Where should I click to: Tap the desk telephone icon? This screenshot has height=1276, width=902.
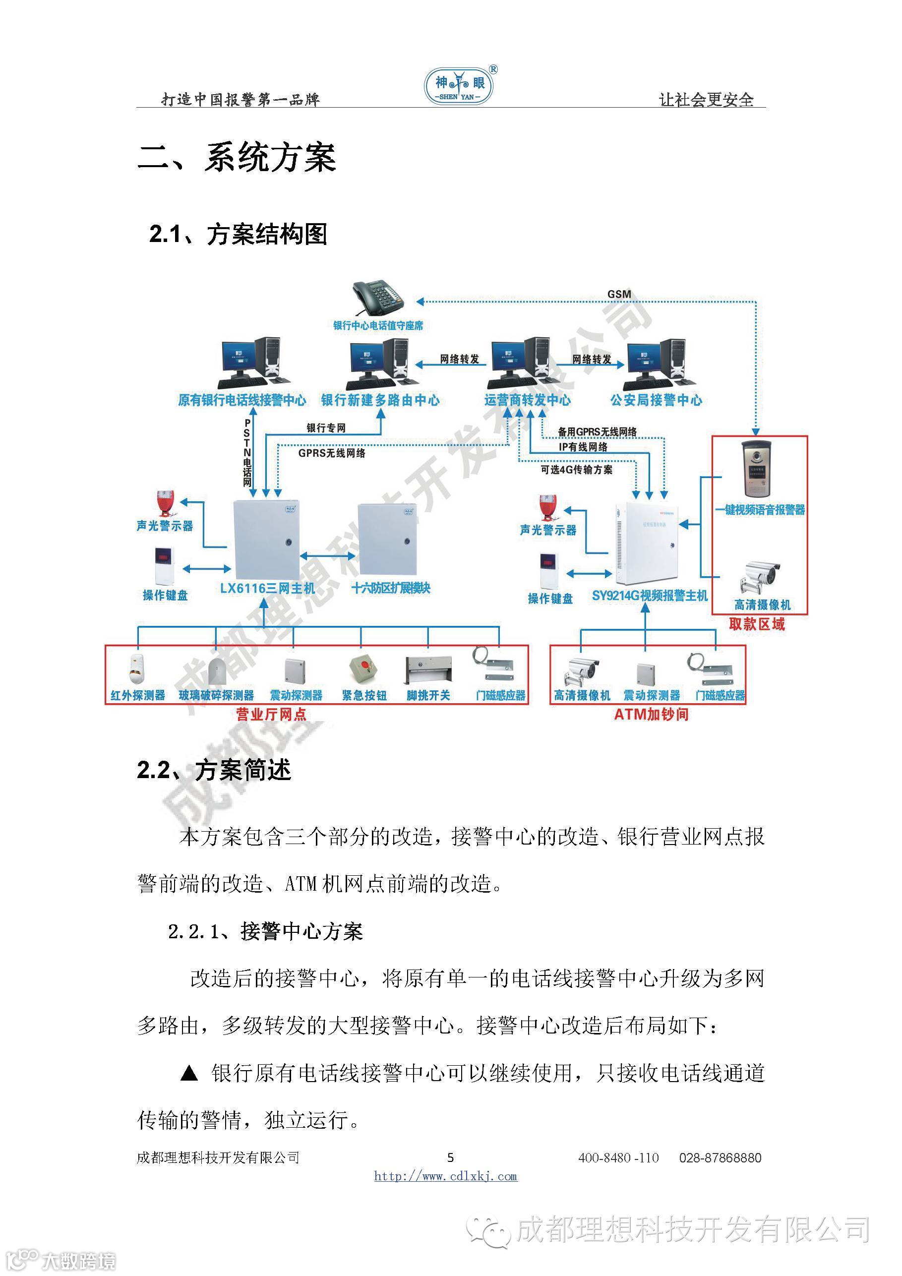(x=378, y=299)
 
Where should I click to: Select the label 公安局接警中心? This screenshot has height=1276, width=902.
(x=656, y=400)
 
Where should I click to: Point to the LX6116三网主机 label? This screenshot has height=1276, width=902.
(x=267, y=589)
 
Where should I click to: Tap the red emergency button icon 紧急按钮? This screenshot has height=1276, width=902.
(x=362, y=669)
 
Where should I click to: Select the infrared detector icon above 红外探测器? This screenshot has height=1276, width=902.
(x=137, y=669)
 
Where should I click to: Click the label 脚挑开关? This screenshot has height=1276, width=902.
(x=428, y=695)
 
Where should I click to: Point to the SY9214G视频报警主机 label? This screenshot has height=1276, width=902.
(x=650, y=596)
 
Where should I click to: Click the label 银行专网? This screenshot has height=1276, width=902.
(x=326, y=428)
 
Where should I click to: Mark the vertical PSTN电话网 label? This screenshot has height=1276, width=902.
(x=247, y=453)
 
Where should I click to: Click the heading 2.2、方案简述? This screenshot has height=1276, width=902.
(x=214, y=770)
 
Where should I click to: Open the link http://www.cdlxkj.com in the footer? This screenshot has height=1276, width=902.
(x=446, y=1176)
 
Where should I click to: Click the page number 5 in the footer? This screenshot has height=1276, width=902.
(x=450, y=1157)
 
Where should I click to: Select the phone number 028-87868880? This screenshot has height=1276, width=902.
(x=720, y=1157)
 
